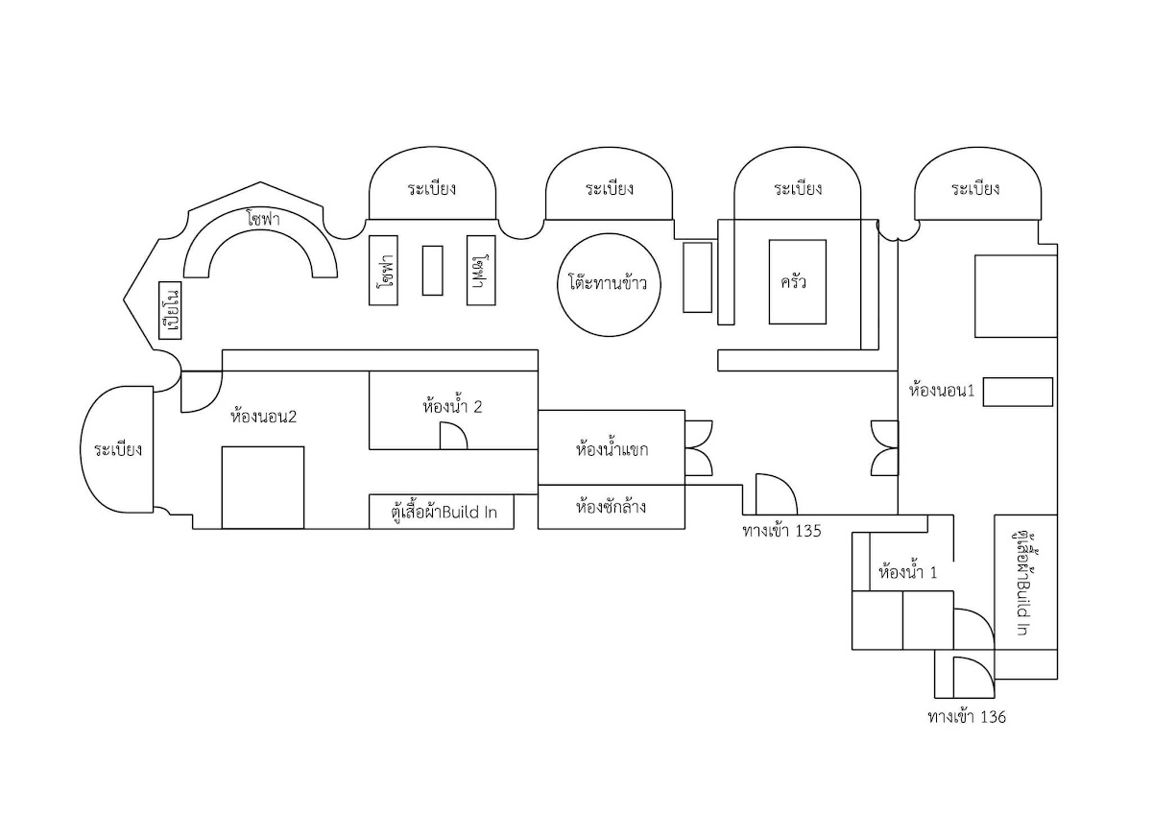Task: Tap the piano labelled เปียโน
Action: point(170,310)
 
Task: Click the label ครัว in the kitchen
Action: point(793,282)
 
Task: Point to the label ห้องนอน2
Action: point(264,416)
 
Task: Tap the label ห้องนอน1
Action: point(942,390)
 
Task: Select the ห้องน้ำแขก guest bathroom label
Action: point(612,449)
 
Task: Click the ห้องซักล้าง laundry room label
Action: point(611,507)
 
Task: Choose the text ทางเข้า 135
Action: point(781,531)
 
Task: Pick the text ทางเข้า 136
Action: point(967,717)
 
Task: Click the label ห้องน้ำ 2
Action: point(452,407)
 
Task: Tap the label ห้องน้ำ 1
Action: point(908,572)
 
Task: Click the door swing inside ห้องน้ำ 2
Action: point(453,436)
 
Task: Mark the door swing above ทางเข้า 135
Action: point(776,493)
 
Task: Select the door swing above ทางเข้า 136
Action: point(974,678)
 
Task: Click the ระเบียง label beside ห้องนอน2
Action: point(118,450)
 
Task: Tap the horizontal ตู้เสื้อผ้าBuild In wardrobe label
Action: point(444,513)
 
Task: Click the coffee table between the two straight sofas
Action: point(433,271)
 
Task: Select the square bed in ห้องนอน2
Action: point(263,488)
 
